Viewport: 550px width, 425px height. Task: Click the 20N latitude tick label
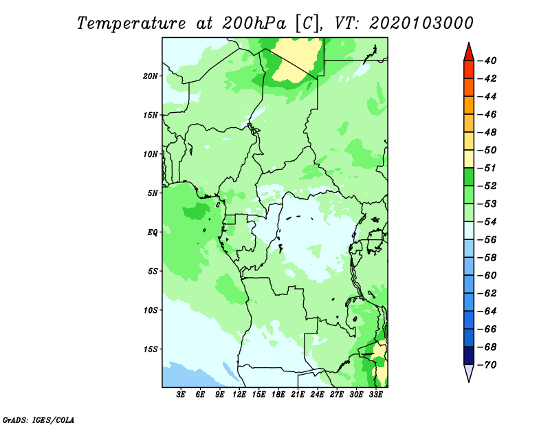click(151, 76)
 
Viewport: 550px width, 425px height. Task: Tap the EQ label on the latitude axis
click(153, 232)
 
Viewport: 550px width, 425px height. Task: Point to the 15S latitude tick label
click(151, 349)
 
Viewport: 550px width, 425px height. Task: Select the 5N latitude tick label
click(153, 193)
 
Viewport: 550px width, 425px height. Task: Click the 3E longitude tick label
click(181, 394)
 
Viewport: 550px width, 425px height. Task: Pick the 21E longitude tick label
click(298, 394)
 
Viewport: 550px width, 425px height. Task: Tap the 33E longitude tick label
click(375, 394)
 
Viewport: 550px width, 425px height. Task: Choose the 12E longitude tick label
click(239, 394)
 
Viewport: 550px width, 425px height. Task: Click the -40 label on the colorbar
click(487, 61)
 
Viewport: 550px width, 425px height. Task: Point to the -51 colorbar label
click(487, 168)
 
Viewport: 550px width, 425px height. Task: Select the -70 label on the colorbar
click(487, 365)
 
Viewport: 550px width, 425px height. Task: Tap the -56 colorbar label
click(487, 240)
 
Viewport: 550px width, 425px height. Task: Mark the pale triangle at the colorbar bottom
click(469, 371)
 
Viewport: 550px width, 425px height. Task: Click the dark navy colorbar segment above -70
click(469, 356)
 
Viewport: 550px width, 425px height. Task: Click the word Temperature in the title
click(131, 23)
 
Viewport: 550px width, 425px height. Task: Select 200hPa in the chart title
click(254, 23)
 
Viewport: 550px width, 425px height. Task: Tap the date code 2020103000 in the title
click(421, 23)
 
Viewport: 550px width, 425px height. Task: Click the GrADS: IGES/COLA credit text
click(38, 419)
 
